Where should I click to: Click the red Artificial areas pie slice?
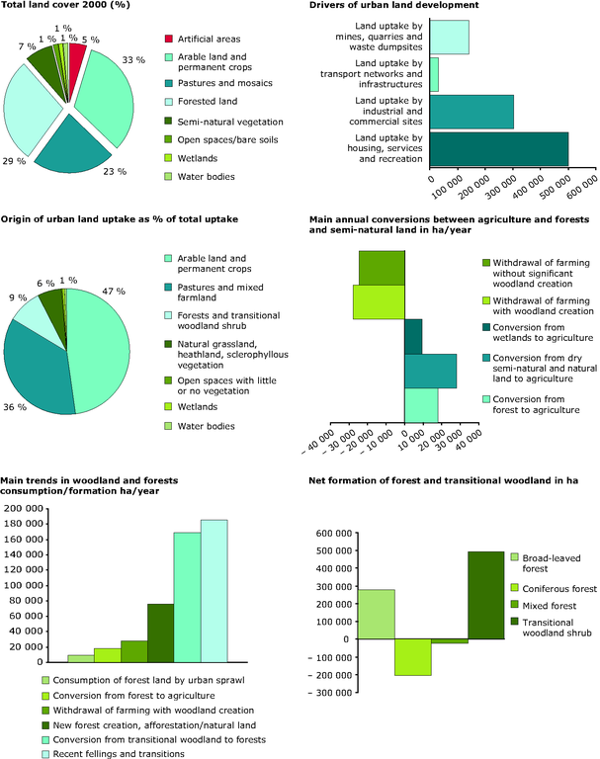pos(76,63)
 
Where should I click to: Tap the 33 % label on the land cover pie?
pos(133,60)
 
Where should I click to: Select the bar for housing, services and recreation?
pos(499,149)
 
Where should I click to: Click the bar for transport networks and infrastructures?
pos(434,74)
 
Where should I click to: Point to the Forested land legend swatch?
pos(168,102)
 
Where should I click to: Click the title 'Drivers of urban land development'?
pos(393,5)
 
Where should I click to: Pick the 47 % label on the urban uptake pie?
pos(114,291)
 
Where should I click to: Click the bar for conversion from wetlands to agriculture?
pos(413,336)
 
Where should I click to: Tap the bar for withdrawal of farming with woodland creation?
pos(379,302)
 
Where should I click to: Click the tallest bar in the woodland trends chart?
pos(214,591)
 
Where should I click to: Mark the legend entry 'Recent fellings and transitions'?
pos(114,754)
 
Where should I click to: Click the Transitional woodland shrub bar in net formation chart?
pos(485,595)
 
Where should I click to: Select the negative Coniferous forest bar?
pos(413,657)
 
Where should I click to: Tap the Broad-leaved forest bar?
pos(377,615)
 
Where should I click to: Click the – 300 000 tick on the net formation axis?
pos(330,693)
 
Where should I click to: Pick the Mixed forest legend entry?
pos(544,606)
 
